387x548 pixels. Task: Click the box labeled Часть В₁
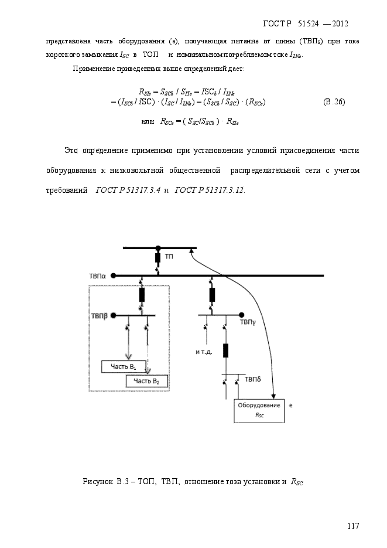click(x=123, y=366)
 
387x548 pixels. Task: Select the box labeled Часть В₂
click(x=146, y=381)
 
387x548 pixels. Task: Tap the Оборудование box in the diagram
click(x=259, y=411)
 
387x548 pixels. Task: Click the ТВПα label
click(x=97, y=276)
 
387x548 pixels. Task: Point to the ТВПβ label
click(x=99, y=316)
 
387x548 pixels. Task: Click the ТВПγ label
click(x=248, y=322)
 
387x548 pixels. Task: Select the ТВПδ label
click(x=253, y=379)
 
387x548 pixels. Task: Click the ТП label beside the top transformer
click(x=169, y=257)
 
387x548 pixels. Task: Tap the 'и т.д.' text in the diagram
click(x=204, y=352)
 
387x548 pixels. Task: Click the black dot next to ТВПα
click(x=113, y=275)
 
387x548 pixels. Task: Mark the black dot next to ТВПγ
click(x=241, y=315)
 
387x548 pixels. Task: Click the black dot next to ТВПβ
click(x=114, y=315)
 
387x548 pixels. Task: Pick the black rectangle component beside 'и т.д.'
click(x=226, y=350)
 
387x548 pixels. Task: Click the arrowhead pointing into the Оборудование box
click(x=273, y=396)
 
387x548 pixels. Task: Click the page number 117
click(x=353, y=526)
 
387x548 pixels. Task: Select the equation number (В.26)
click(x=334, y=102)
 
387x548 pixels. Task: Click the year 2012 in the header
click(x=340, y=24)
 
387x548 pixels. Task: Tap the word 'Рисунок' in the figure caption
click(x=98, y=482)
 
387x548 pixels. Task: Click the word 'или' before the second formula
click(x=148, y=121)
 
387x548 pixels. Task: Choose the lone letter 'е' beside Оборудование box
click(x=291, y=406)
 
